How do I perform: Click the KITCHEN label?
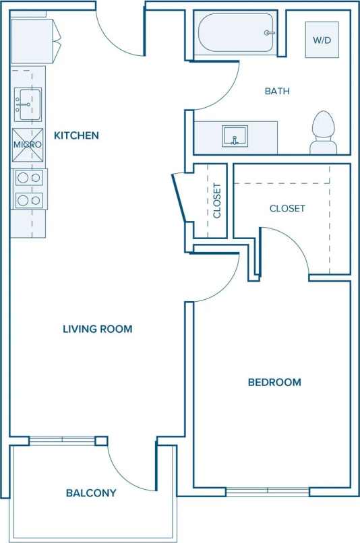tap(76, 135)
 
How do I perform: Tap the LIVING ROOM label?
tap(97, 329)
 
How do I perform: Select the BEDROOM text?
tap(274, 383)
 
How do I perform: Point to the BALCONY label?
tap(91, 493)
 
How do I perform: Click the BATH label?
tap(277, 91)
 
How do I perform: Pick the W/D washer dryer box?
tap(322, 40)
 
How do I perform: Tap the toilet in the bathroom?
tap(324, 132)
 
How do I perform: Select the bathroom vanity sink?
tap(235, 136)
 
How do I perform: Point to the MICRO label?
tap(28, 144)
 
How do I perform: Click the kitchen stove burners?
tap(28, 189)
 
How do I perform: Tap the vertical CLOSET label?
tap(217, 201)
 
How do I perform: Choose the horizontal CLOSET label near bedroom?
tap(287, 209)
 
